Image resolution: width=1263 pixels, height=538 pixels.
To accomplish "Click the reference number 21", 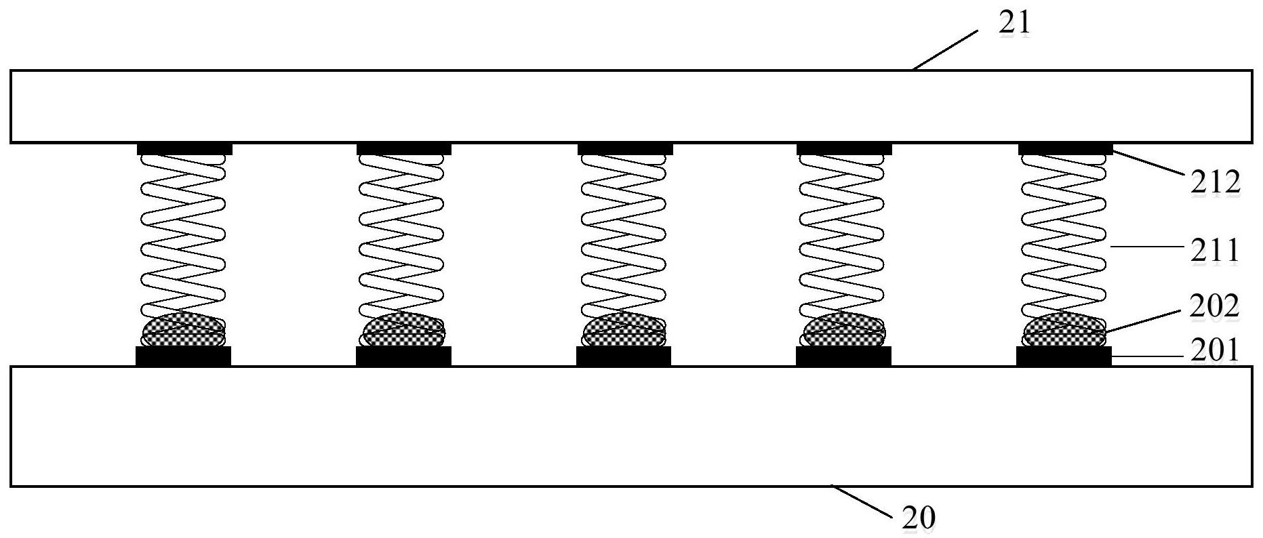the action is [x=1014, y=23].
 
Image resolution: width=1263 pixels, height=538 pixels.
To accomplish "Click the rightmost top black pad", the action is [x=1066, y=148].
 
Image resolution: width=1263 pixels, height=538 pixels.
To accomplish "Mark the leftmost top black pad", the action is [x=185, y=148].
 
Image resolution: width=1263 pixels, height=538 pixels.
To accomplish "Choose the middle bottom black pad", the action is [x=624, y=356].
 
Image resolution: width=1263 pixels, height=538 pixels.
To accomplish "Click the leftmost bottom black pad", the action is [x=184, y=356].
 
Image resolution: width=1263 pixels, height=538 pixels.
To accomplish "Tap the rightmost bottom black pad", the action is [x=1064, y=356].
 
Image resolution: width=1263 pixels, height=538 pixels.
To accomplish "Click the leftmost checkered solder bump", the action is [x=183, y=330].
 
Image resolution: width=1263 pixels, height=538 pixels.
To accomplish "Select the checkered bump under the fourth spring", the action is [x=843, y=330].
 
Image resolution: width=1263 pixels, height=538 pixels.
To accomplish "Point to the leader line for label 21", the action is [x=946, y=49].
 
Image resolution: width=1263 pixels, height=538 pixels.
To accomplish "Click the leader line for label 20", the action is [x=861, y=501].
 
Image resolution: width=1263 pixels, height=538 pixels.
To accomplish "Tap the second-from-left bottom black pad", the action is [x=403, y=356].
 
